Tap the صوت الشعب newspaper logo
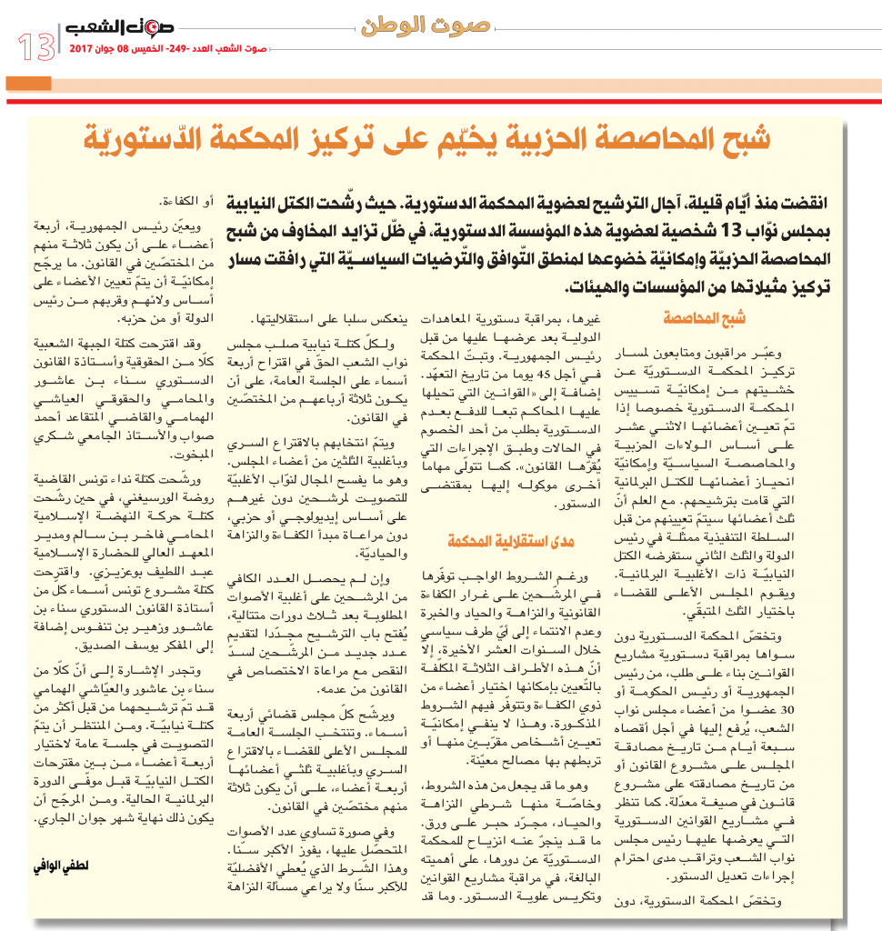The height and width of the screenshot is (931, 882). (x=121, y=31)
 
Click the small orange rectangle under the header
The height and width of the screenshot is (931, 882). (x=27, y=84)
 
